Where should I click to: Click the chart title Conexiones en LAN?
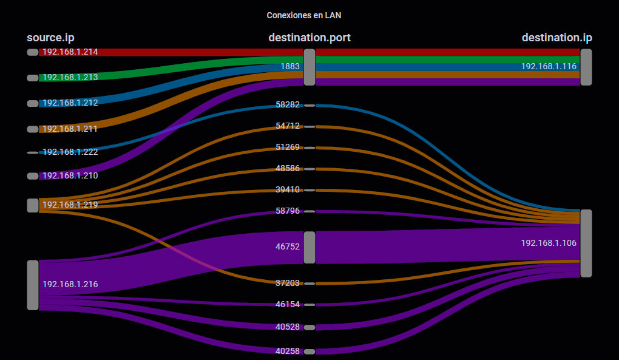coord(308,15)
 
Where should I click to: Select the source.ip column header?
coord(50,38)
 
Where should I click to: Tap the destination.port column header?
coord(309,38)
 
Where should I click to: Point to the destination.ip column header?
coord(556,38)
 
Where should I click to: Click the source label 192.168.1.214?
coord(70,52)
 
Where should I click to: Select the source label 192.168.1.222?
coord(70,152)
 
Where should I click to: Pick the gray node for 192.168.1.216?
coord(33,285)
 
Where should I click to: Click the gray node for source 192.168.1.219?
coord(33,205)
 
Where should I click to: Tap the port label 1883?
coord(290,66)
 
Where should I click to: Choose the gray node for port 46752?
coord(309,248)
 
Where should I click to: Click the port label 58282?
coord(288,104)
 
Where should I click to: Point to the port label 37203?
coord(288,283)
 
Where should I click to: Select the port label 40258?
coord(288,351)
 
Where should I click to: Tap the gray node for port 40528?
coord(309,327)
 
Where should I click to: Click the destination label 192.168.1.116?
coord(549,66)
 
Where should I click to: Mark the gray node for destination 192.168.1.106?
coord(586,243)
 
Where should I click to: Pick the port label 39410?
coord(288,189)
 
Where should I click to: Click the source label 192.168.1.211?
coord(70,129)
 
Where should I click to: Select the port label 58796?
coord(288,211)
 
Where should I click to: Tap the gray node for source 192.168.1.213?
coord(33,78)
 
